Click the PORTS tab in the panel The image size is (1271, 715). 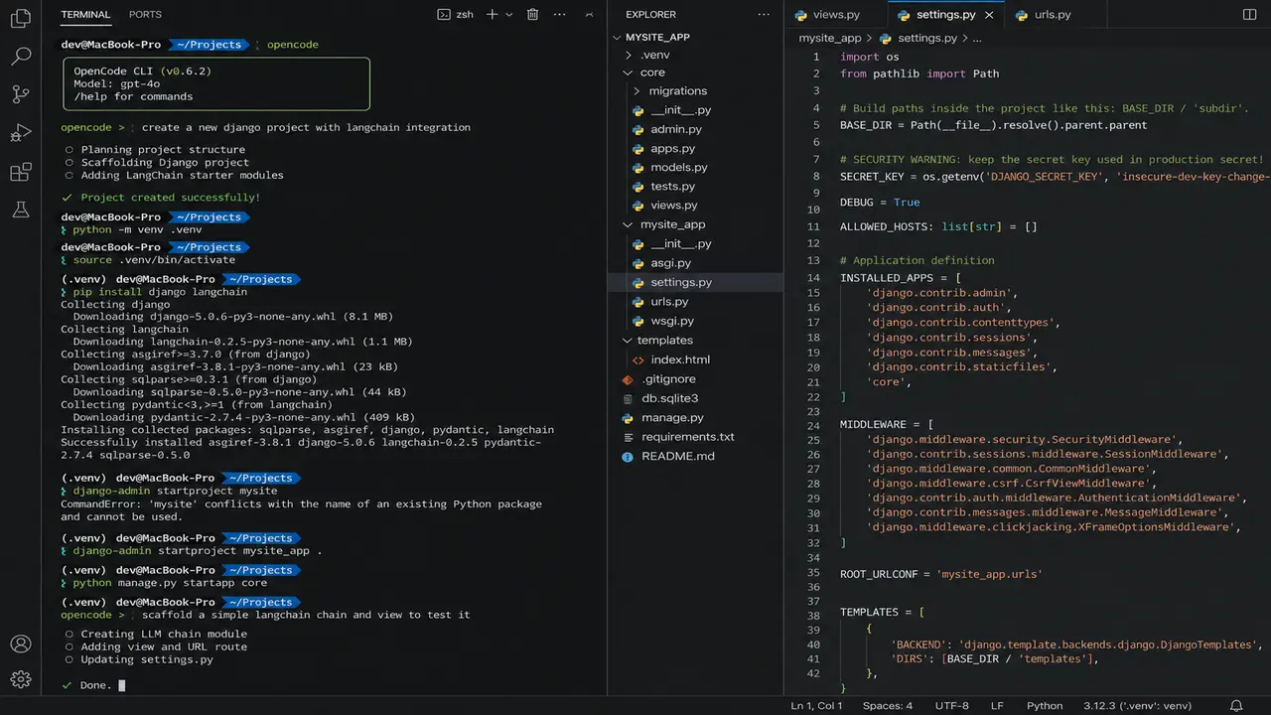pos(145,14)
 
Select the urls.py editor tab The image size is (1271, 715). pos(1046,15)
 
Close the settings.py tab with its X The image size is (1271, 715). pos(989,15)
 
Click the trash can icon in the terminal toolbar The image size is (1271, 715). pos(532,14)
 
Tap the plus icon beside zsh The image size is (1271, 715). pos(492,14)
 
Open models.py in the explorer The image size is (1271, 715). pos(678,168)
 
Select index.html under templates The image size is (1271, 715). pos(680,359)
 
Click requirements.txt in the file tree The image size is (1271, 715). pos(688,437)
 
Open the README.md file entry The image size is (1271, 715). pos(678,456)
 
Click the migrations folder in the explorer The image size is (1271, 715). pos(678,90)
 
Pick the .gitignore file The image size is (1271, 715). pos(669,379)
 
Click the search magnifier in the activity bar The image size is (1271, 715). pos(21,57)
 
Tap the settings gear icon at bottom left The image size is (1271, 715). pos(21,679)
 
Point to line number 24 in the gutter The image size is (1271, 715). pos(813,425)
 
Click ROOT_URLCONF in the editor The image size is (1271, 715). pos(879,574)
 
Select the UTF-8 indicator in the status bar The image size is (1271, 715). pos(951,706)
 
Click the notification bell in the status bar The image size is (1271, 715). pos(1236,706)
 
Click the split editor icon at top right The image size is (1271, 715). pos(1249,14)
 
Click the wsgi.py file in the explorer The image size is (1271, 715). pos(672,321)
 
